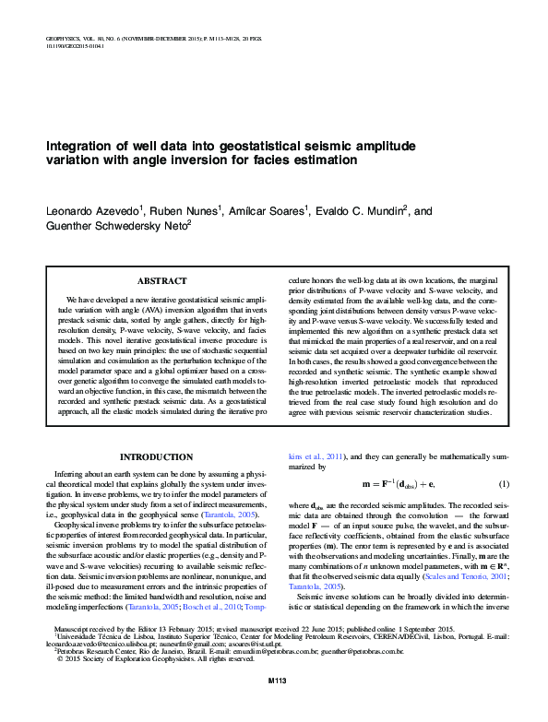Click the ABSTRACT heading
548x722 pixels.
click(x=161, y=280)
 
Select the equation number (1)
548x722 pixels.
click(x=504, y=484)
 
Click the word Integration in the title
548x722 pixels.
click(x=80, y=146)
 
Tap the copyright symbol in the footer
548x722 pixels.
click(x=60, y=685)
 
